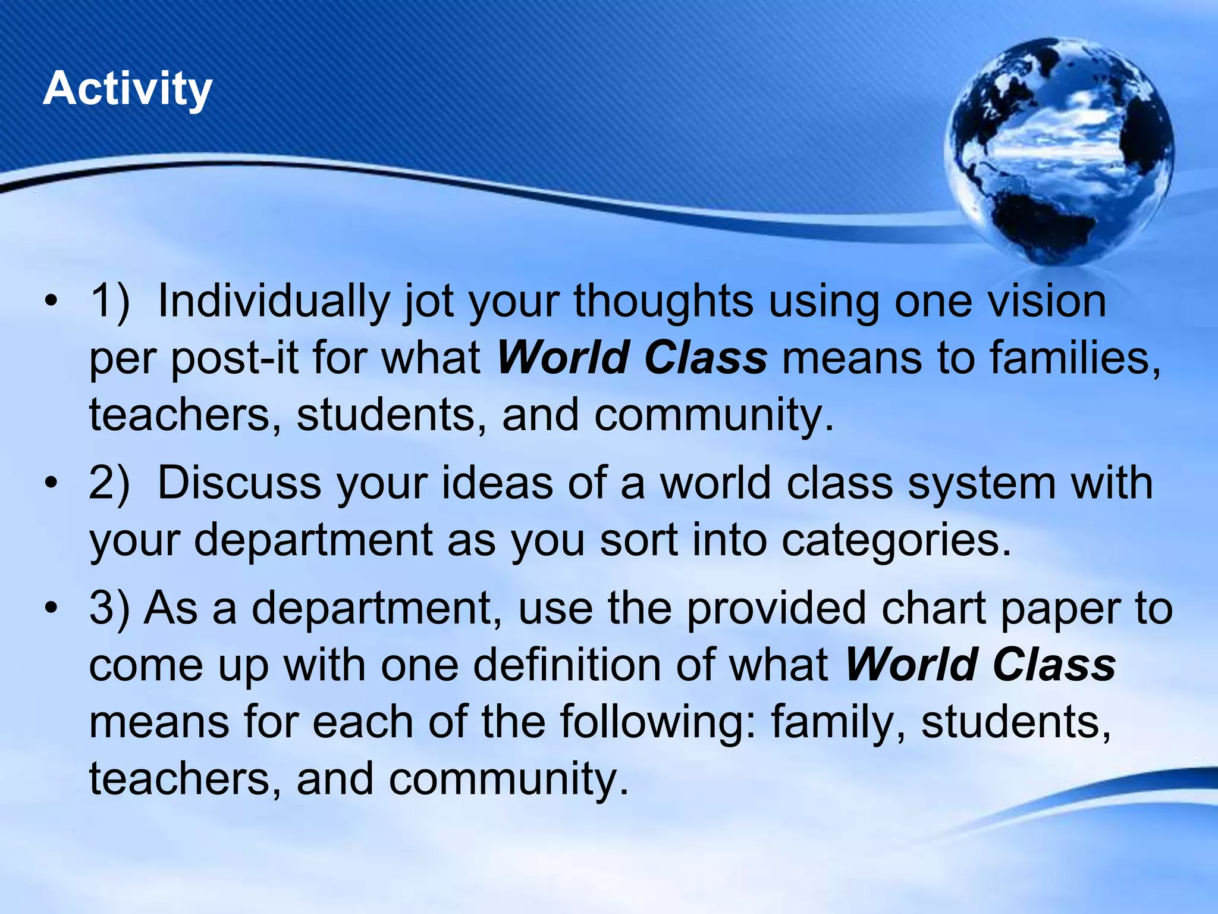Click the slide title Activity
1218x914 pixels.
coord(127,89)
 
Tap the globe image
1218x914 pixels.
coord(1059,152)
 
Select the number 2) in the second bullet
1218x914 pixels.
coord(109,483)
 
